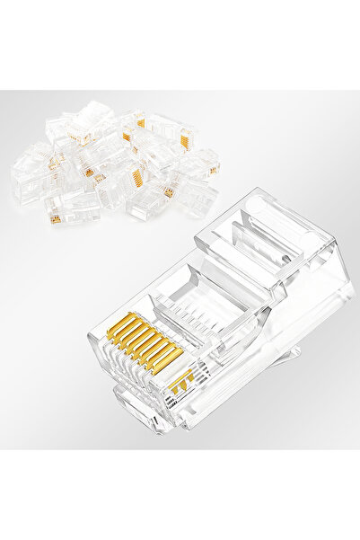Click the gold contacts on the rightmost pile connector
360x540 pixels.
(x=214, y=170)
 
